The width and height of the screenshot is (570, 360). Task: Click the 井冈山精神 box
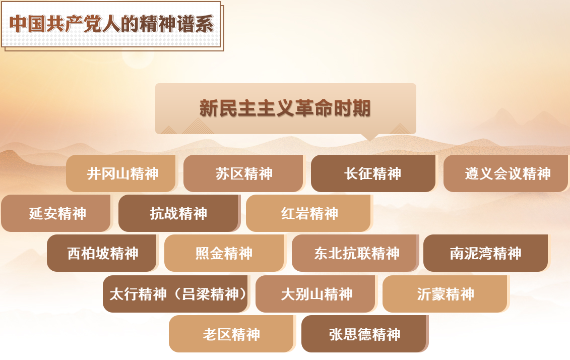[121, 173]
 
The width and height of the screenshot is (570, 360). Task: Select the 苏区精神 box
[243, 173]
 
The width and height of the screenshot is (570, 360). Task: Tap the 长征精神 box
[373, 173]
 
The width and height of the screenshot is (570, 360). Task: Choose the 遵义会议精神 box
[505, 173]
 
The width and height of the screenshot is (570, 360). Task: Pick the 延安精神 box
[56, 213]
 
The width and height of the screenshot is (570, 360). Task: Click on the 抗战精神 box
[179, 213]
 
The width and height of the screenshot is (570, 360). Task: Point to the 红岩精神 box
[308, 213]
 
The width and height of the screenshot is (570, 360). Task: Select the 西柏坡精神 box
[102, 253]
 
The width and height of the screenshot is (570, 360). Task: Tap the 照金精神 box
[224, 253]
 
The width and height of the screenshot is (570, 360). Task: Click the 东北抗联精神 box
[355, 253]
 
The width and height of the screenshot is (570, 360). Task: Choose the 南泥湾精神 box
[486, 253]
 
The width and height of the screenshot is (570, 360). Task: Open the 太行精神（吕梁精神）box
[176, 294]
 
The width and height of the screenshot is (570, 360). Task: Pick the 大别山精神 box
[316, 294]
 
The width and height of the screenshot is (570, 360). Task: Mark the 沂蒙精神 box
[446, 294]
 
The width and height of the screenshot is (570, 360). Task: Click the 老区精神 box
[231, 334]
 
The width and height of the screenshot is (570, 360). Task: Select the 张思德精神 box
[364, 334]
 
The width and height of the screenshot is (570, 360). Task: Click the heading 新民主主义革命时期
[285, 108]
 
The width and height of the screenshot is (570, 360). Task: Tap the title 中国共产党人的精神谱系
[111, 24]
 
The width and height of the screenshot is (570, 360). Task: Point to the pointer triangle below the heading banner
[370, 138]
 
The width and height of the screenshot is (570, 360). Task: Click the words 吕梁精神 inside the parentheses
[210, 294]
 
